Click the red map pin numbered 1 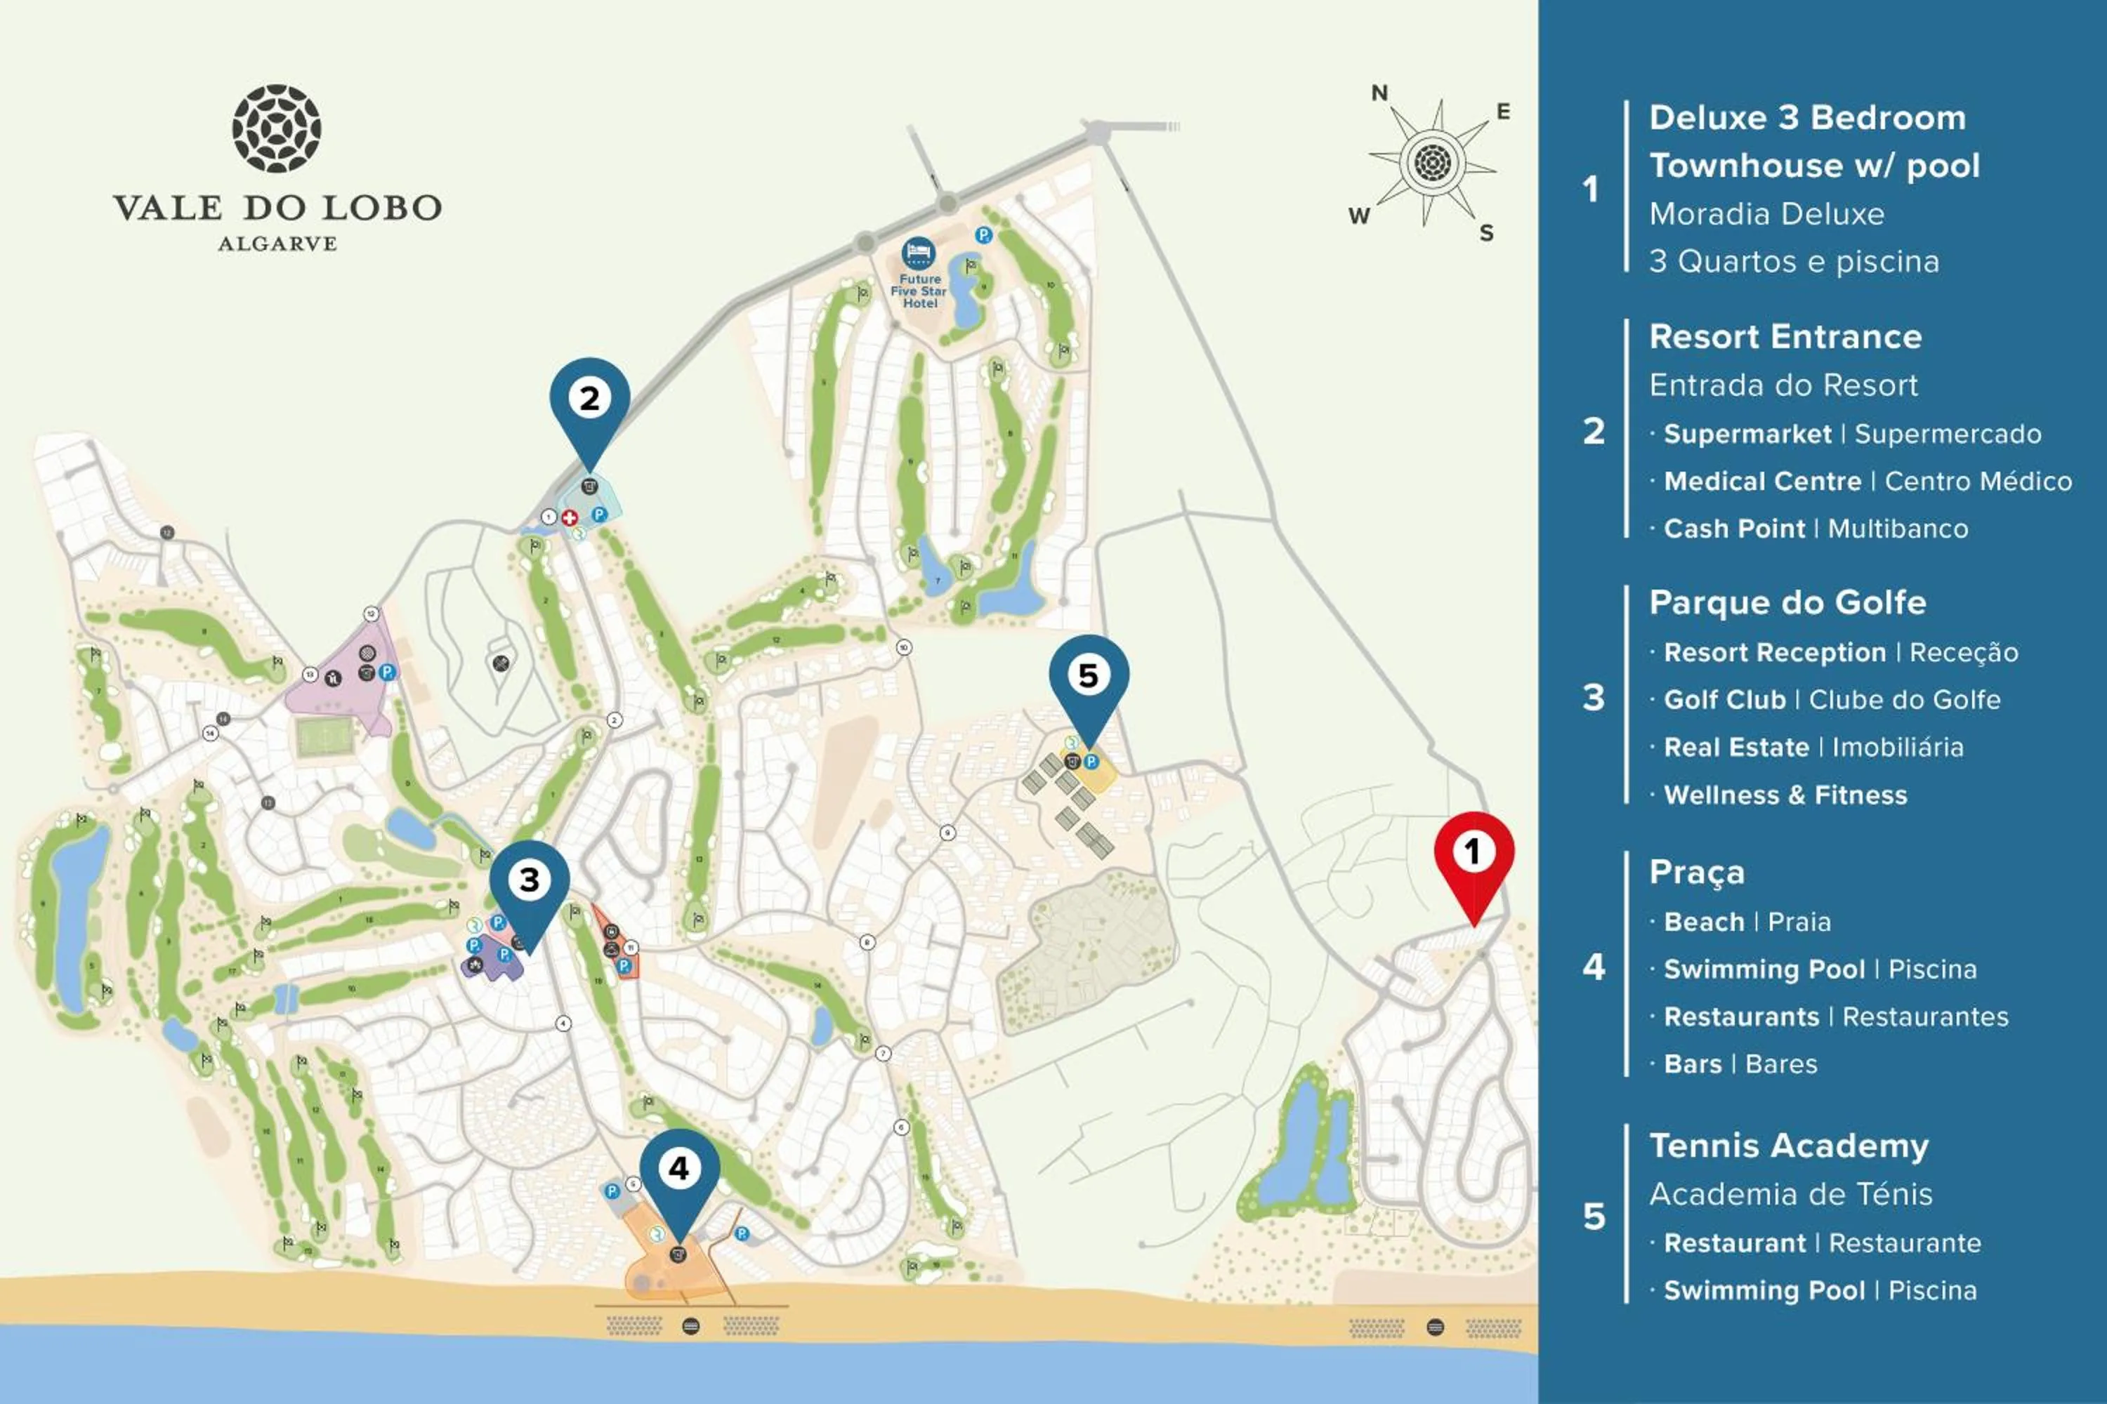(1473, 854)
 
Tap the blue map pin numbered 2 (589, 400)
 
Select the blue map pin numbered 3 (530, 882)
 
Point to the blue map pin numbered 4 (679, 1170)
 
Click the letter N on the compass (1379, 93)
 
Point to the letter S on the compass (1486, 233)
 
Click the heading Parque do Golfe (1787, 602)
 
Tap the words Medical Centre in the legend (1762, 482)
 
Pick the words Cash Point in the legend (1733, 529)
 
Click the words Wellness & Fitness (1785, 795)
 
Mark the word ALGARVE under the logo (277, 244)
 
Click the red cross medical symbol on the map (569, 517)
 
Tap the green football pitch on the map (325, 739)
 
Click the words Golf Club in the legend (1724, 700)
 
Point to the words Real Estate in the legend (1736, 748)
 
